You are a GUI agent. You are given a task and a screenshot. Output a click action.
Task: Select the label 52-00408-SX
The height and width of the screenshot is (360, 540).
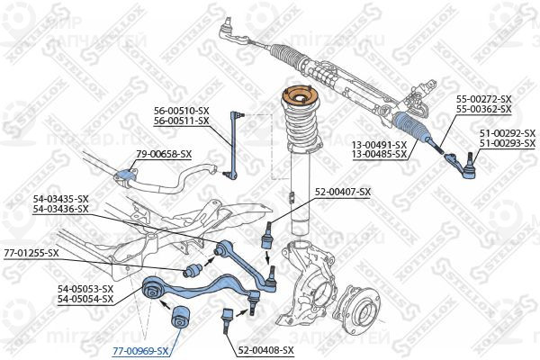[267, 348]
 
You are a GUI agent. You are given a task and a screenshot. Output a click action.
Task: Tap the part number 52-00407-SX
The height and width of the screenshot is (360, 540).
[343, 191]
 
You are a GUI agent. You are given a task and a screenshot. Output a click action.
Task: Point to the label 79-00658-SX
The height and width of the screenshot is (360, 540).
[164, 154]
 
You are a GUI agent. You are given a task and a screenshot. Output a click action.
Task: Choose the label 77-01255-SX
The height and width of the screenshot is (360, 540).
[31, 253]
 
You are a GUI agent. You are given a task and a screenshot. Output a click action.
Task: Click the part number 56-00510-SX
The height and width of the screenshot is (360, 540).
[181, 111]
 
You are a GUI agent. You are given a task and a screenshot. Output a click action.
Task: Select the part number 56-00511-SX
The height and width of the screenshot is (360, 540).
[181, 121]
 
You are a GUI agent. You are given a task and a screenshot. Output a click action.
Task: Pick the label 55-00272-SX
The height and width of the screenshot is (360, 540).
[483, 99]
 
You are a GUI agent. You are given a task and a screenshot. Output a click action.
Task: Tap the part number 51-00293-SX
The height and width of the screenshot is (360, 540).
[507, 143]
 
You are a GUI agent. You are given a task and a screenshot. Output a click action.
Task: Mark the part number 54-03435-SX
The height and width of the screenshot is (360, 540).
[60, 199]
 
